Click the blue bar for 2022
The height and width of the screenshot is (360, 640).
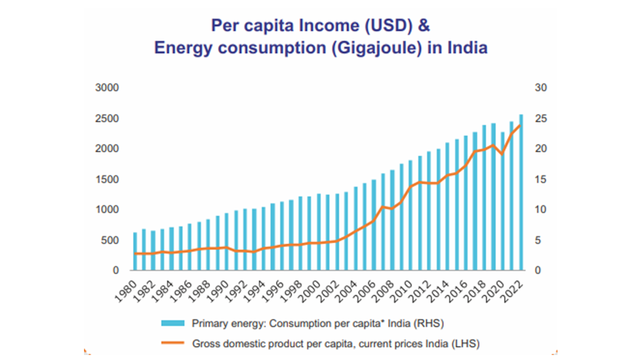point(520,192)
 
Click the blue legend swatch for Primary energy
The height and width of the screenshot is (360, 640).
point(173,323)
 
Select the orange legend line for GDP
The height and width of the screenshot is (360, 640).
point(173,343)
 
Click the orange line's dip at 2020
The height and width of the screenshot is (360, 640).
point(502,154)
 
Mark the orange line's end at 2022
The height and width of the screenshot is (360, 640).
point(520,125)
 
